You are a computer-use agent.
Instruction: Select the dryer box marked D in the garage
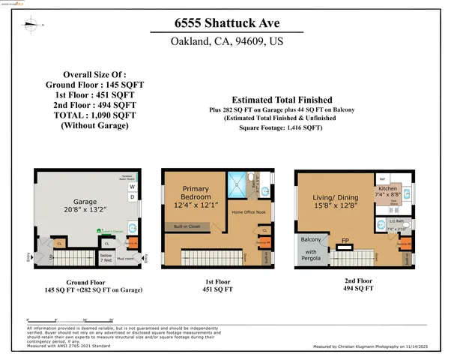pos(133,197)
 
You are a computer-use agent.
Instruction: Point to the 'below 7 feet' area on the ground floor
pos(106,256)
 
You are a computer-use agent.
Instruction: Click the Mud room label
pos(124,256)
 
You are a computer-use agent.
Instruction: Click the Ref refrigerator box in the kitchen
pos(382,180)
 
